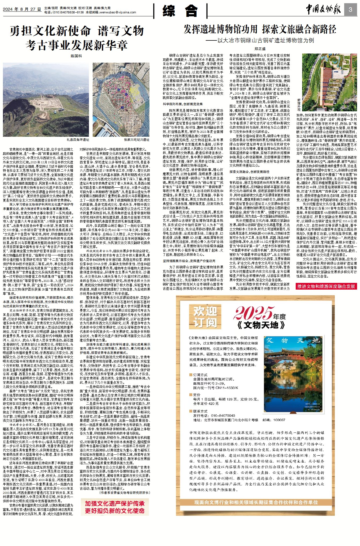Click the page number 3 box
[350, 10]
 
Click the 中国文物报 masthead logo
[323, 10]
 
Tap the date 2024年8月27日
[22, 9]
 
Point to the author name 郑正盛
[260, 49]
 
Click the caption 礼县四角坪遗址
[78, 140]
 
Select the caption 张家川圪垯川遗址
[137, 140]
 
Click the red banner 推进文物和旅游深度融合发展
[326, 286]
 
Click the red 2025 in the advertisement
[253, 313]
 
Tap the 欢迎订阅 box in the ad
[205, 317]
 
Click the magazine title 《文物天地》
[261, 325]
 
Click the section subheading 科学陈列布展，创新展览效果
[183, 104]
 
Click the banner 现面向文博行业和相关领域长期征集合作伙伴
[256, 502]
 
